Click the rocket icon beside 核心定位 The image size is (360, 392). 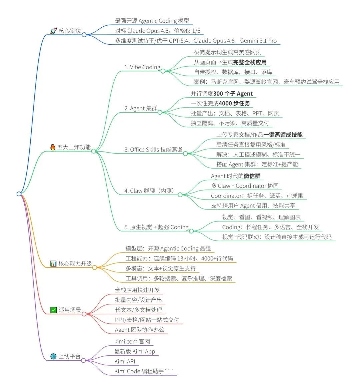coord(53,31)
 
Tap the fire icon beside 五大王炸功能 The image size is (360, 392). coord(53,147)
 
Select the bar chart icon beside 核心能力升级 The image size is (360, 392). coord(53,263)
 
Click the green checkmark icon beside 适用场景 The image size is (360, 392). coord(53,310)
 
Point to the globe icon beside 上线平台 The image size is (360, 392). coord(53,356)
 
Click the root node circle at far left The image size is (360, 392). coord(19,194)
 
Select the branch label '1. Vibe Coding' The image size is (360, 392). coord(142,67)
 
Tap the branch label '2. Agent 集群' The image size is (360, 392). coord(140,109)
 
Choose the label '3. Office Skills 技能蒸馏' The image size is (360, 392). coord(153,150)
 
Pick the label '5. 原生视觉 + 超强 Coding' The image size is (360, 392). coord(156,227)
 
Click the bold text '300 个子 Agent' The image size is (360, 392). coord(233,94)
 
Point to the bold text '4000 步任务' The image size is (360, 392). coord(234,104)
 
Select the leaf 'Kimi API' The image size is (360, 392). coord(125,361)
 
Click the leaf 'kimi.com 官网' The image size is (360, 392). coord(132,341)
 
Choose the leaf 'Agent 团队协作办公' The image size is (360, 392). coord(140,330)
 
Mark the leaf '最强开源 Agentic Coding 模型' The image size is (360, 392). coord(152,21)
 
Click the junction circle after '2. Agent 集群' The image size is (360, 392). coord(160,112)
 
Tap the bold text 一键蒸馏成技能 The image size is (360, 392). coord(283,135)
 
